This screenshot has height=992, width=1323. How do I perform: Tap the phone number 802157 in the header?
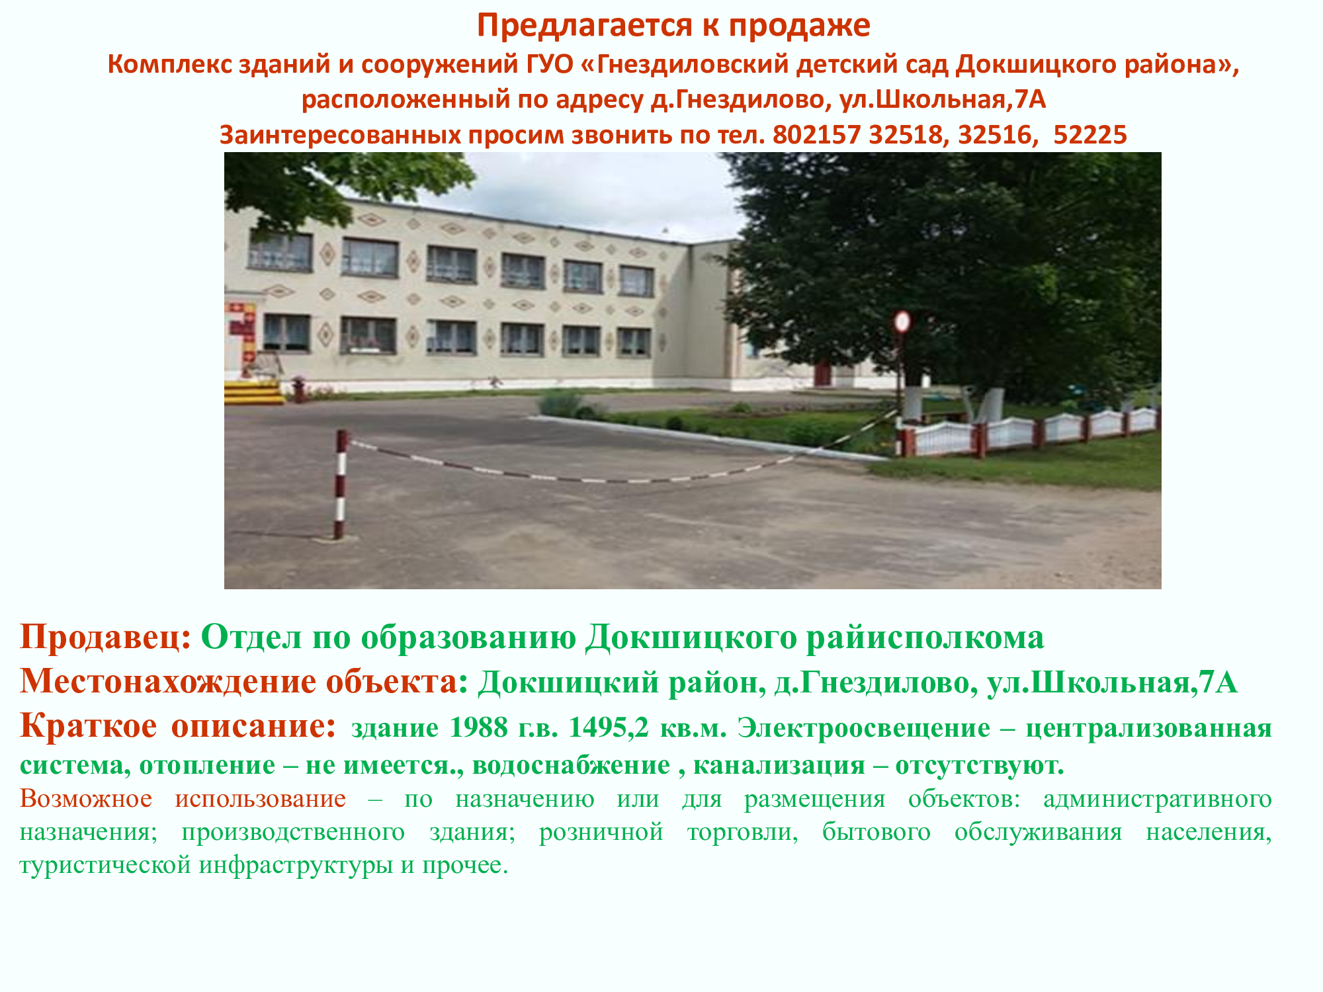pyautogui.click(x=816, y=135)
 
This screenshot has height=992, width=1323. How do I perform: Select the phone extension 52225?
pyautogui.click(x=1090, y=135)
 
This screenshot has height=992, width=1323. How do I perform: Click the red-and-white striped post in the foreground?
pyautogui.click(x=340, y=484)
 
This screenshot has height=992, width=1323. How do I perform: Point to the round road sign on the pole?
pyautogui.click(x=902, y=322)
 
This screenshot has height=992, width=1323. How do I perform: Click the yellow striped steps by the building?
pyautogui.click(x=254, y=392)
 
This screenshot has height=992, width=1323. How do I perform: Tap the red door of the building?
pyautogui.click(x=822, y=374)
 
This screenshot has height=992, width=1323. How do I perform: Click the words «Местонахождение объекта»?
pyautogui.click(x=239, y=682)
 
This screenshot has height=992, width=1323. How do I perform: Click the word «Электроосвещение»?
pyautogui.click(x=864, y=729)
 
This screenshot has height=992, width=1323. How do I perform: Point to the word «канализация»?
pyautogui.click(x=779, y=766)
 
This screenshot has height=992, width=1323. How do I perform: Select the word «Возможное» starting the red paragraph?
pyautogui.click(x=86, y=799)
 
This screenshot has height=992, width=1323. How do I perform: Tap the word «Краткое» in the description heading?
pyautogui.click(x=89, y=726)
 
